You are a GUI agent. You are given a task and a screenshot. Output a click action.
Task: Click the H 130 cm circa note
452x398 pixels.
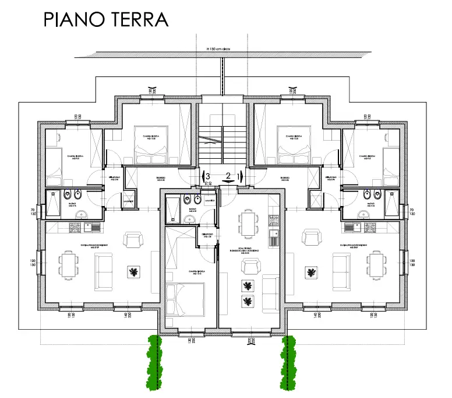[x=215, y=50]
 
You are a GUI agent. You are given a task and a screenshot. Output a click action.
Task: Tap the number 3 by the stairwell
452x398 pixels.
[x=207, y=175]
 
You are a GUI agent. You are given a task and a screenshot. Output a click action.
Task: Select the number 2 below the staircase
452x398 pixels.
[x=228, y=175]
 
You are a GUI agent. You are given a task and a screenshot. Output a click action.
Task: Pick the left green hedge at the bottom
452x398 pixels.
[x=154, y=362]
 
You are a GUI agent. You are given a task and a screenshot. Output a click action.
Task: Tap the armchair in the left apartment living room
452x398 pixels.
[x=133, y=240]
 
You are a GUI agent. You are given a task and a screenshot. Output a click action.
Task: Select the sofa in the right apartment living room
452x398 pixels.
[x=341, y=270]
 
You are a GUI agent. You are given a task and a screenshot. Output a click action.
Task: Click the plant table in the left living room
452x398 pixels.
[x=134, y=272]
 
